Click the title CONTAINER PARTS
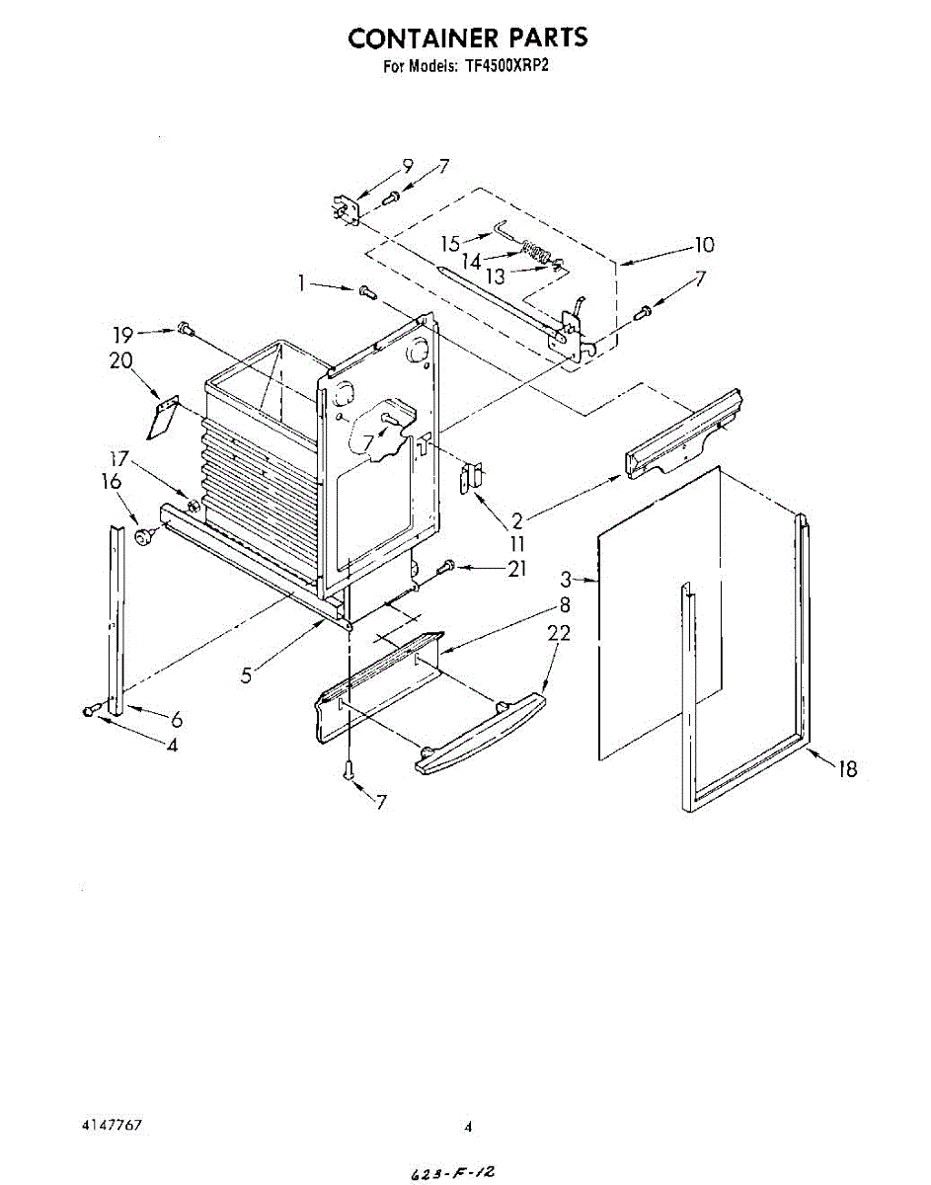tap(467, 39)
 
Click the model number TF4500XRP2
tap(505, 68)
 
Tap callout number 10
tap(704, 244)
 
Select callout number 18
tap(847, 768)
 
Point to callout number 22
tap(558, 633)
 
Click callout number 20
tap(120, 361)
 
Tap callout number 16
tap(111, 482)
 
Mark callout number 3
tap(566, 580)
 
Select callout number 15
tap(450, 243)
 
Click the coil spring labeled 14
tap(534, 254)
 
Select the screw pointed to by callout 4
tap(91, 711)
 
